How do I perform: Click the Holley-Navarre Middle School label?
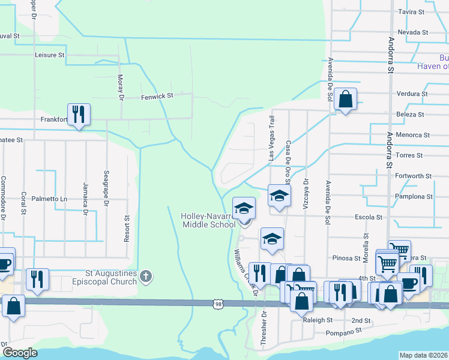(208, 220)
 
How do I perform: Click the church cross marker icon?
(146, 277)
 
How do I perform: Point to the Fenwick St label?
(157, 96)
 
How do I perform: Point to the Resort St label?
(127, 229)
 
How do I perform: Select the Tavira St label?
(411, 11)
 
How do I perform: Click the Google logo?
(20, 353)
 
